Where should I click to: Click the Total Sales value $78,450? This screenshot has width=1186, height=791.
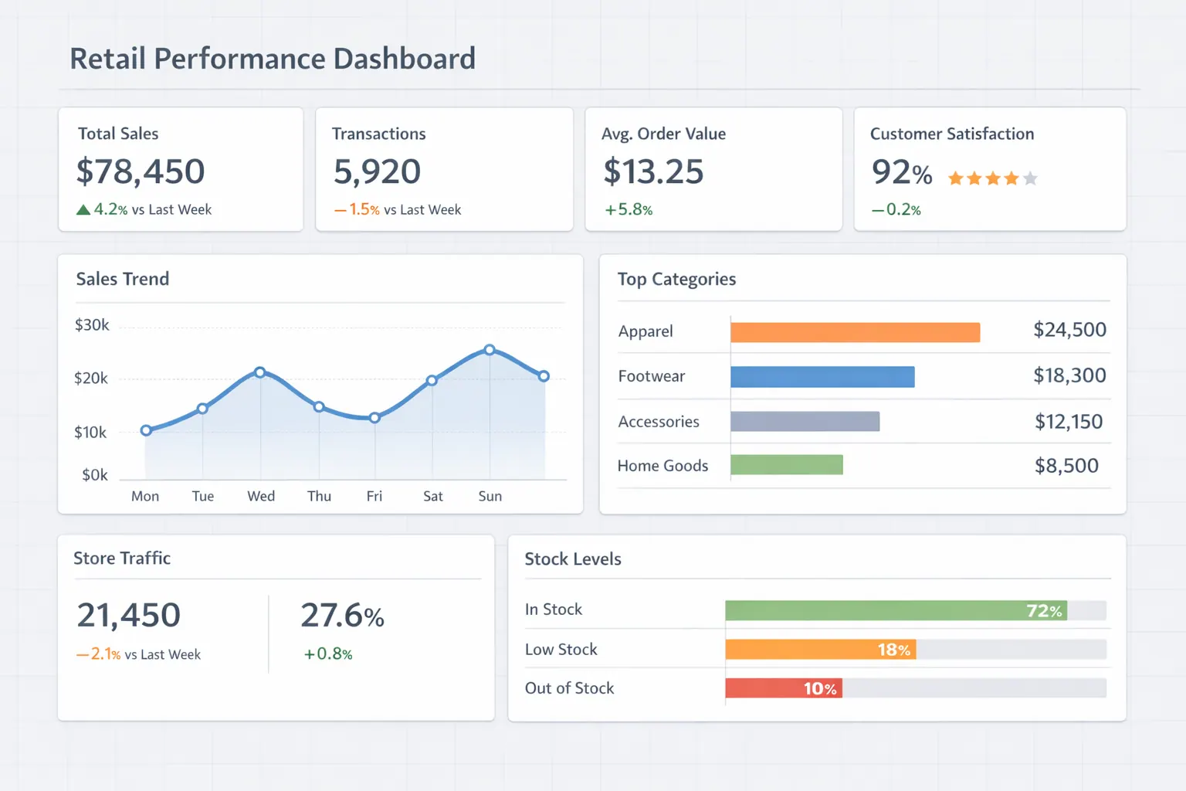coord(141,171)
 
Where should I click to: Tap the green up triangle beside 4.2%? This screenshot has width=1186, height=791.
coord(83,209)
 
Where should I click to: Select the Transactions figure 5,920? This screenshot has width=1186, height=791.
coord(377,171)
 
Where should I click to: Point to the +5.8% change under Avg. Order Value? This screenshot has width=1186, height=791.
coord(629,209)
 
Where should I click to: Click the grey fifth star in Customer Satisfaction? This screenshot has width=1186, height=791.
coord(1030,178)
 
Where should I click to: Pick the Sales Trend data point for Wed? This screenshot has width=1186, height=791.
coord(260,372)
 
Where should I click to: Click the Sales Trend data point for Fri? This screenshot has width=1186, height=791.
coord(374,418)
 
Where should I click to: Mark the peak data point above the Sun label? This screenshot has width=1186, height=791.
coord(490,350)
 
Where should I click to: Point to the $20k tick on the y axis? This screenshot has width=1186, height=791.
coord(91,379)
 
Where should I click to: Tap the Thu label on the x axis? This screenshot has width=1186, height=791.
coord(319,496)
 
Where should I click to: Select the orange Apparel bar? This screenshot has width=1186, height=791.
coord(855,332)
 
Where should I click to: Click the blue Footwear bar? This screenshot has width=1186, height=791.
coord(822,377)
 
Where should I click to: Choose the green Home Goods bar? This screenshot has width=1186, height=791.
coord(786,464)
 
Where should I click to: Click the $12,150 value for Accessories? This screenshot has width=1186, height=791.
coord(1069,422)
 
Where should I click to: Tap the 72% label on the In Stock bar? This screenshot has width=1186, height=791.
coord(1044,611)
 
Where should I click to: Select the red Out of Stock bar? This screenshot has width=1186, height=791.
coord(783,688)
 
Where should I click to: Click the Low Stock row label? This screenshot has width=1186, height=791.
coord(561,650)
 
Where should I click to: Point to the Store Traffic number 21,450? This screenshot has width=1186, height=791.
coord(129,616)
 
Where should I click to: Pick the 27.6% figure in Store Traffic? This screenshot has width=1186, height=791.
coord(342,616)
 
